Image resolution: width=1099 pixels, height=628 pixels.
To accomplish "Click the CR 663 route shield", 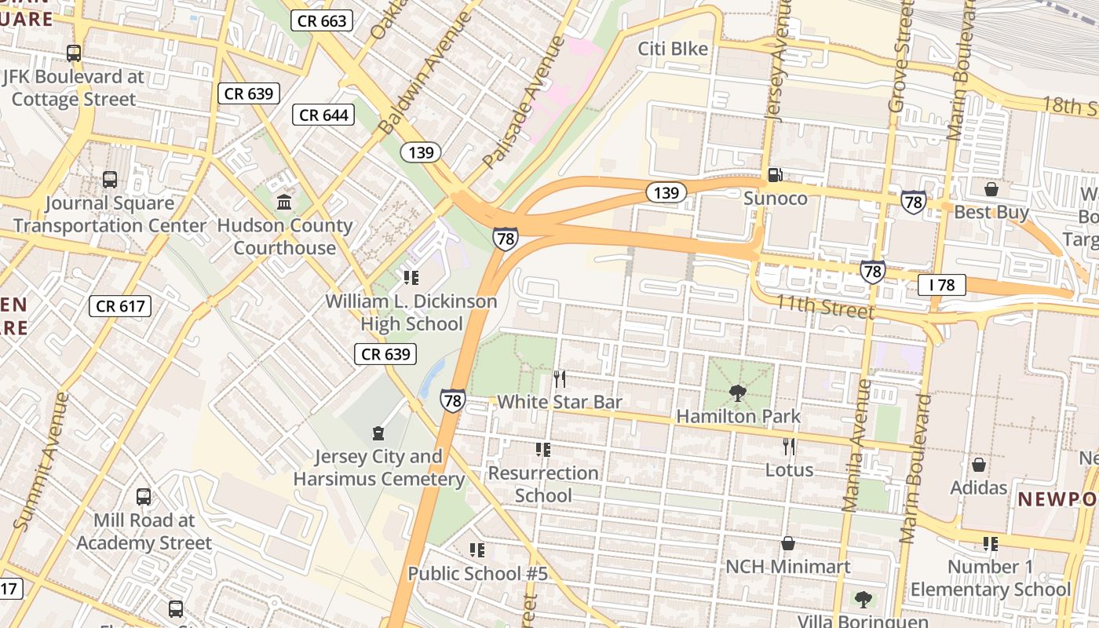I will (322, 20).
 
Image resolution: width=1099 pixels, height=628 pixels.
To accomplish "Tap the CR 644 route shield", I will (324, 115).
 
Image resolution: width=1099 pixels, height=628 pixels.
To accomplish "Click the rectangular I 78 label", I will (941, 285).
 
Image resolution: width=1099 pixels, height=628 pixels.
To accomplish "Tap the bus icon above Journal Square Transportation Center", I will (110, 180).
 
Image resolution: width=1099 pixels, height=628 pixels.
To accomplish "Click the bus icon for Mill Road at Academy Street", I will (144, 497).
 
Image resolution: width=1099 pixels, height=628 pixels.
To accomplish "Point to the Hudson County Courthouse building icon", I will (284, 203).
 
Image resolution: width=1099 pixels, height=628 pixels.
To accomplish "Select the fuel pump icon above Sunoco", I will (775, 175).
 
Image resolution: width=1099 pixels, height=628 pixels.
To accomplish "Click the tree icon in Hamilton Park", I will (737, 392).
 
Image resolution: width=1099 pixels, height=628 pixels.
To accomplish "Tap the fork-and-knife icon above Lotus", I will (789, 447).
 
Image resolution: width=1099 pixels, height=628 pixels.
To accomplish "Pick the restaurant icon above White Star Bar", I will (560, 379).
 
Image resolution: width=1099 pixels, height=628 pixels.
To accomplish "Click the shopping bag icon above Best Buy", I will (991, 189).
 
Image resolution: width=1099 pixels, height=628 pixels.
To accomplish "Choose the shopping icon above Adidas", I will (978, 465).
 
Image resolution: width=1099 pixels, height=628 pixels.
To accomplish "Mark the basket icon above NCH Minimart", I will (788, 543).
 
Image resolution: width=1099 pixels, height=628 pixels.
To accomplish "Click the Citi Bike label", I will (673, 49).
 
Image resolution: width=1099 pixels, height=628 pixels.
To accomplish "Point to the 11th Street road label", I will (824, 306).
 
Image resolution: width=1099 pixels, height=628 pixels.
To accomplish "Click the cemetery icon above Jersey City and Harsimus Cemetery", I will (378, 433).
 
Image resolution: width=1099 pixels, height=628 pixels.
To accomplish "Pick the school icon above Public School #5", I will (476, 550).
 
